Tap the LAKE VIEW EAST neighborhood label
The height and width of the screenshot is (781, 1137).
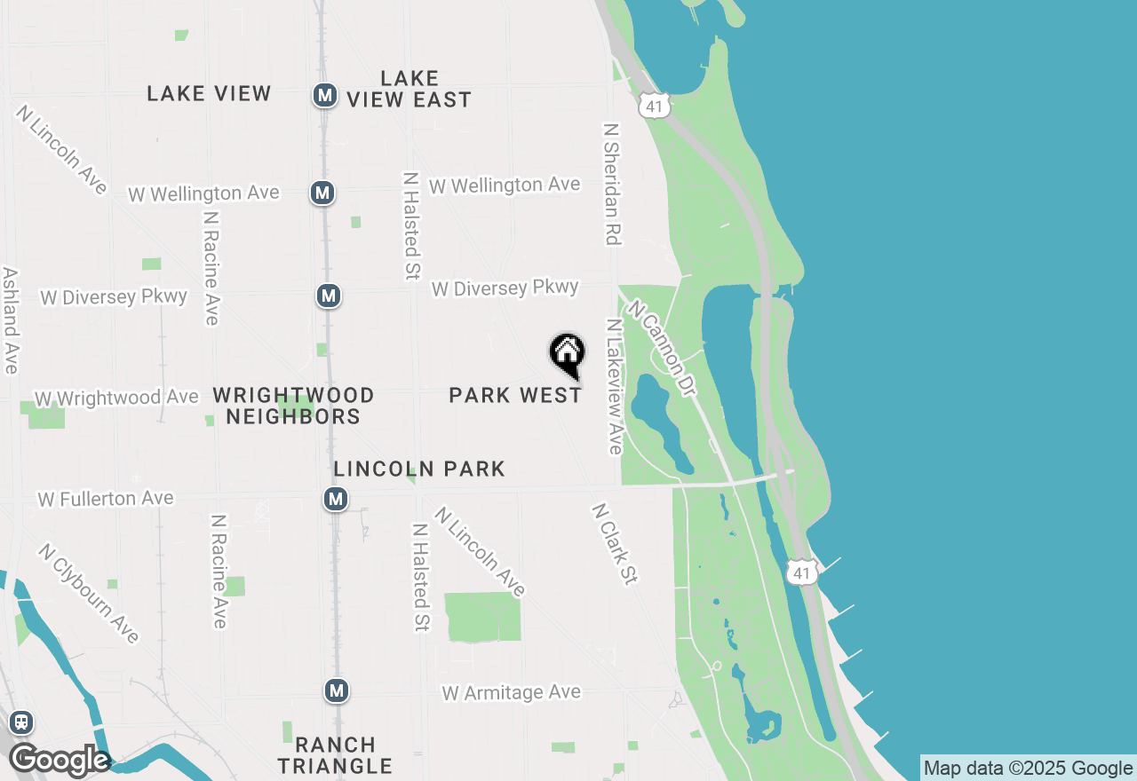[x=409, y=89]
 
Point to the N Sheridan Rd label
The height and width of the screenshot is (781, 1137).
[x=610, y=183]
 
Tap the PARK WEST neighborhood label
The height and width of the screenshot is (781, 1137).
[x=515, y=395]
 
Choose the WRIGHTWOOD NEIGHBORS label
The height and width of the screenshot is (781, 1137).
[x=293, y=406]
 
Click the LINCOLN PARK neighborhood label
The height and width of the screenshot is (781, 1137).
[x=419, y=469]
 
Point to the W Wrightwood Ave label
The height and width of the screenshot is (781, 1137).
[x=116, y=398]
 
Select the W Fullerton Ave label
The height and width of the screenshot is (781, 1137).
[x=106, y=499]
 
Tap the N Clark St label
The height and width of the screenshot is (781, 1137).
[x=615, y=544]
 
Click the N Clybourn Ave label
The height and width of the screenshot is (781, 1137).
[x=89, y=593]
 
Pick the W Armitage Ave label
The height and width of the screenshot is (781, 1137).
[x=512, y=692]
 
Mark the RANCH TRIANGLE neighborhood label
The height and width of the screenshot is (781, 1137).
[x=335, y=754]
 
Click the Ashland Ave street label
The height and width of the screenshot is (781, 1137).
[x=11, y=320]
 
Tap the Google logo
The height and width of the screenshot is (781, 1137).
[x=59, y=761]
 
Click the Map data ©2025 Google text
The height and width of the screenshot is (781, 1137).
[x=1028, y=769]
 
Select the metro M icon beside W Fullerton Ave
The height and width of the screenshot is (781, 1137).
[x=336, y=500]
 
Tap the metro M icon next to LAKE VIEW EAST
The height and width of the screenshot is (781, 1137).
[x=325, y=95]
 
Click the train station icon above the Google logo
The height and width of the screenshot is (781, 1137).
[x=21, y=722]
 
